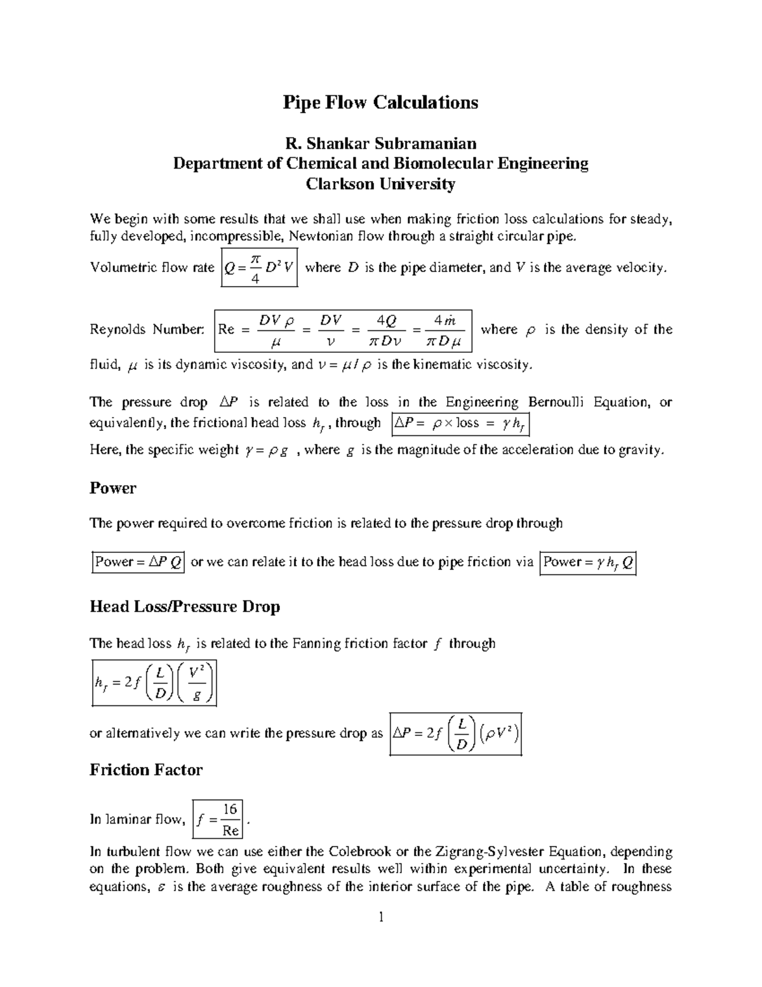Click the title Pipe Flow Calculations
(380, 103)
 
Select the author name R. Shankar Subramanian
(380, 143)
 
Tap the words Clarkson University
(380, 184)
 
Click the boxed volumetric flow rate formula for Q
(259, 268)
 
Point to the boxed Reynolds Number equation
(343, 330)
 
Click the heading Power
(112, 488)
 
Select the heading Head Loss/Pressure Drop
(184, 606)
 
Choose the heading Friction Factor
(145, 770)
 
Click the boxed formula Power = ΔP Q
(138, 562)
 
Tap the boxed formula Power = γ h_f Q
(587, 562)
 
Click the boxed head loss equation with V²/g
(154, 683)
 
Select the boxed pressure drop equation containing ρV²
(455, 733)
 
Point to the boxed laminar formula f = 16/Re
(217, 819)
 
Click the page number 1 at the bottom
(381, 917)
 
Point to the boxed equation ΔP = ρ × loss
(460, 424)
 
